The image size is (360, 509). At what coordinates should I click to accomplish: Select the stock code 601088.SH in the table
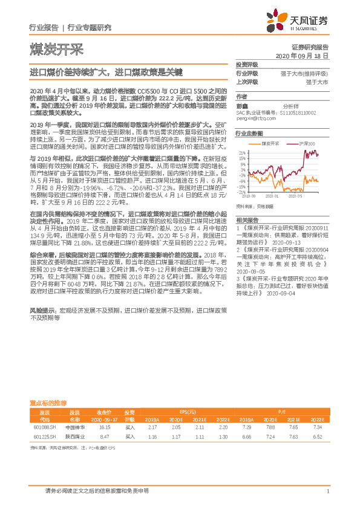click(43, 427)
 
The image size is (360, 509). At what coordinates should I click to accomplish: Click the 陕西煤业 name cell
click(74, 435)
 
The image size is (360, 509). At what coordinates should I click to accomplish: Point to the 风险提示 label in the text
click(42, 310)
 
